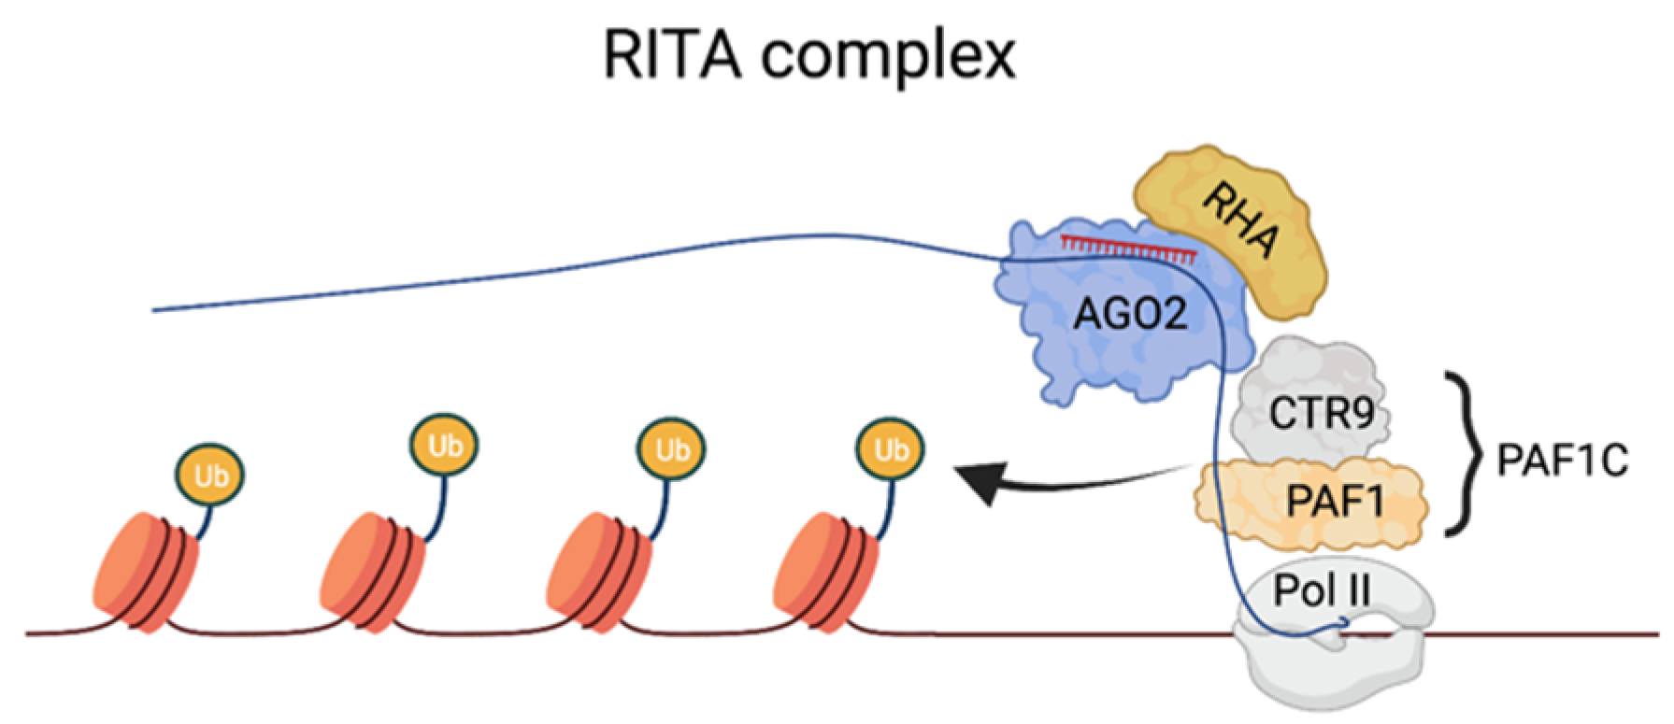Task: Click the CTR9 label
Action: click(x=1319, y=414)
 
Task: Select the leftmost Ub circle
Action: click(x=211, y=476)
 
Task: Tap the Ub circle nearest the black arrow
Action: click(x=889, y=450)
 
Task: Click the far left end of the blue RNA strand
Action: click(x=155, y=309)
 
